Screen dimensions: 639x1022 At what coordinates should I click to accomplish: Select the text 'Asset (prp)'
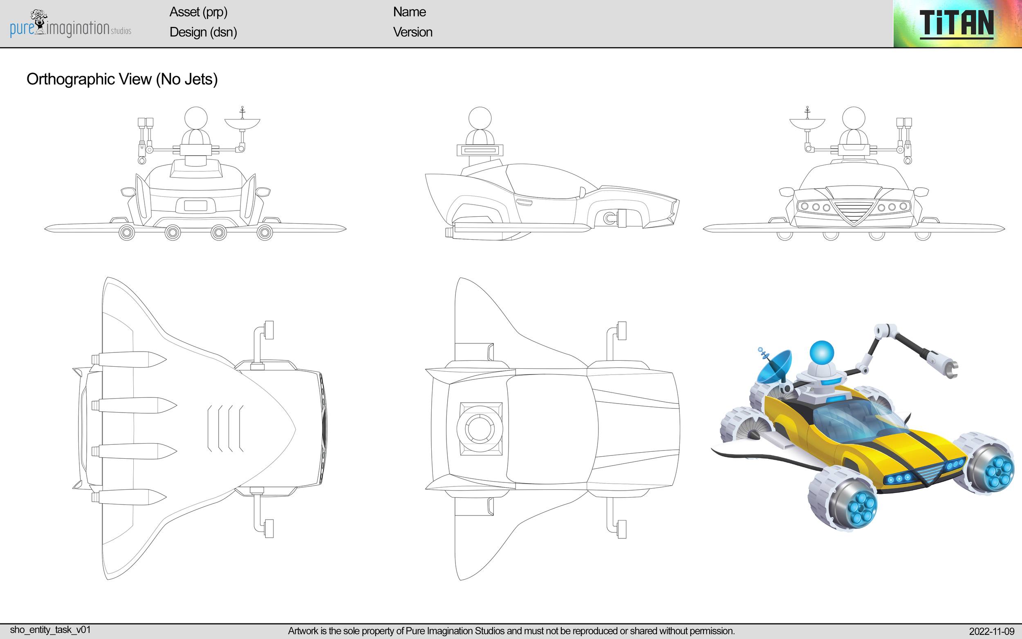point(198,12)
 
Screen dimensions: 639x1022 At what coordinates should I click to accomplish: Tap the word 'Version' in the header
point(412,32)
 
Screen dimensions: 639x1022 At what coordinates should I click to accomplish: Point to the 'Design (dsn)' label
point(203,32)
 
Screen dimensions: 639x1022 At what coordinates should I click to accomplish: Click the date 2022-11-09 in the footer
point(991,631)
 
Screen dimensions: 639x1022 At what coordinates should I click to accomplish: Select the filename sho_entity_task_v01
point(50,630)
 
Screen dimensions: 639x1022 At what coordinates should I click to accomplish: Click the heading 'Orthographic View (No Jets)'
point(122,79)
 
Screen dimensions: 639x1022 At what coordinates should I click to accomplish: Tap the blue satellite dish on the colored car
point(774,366)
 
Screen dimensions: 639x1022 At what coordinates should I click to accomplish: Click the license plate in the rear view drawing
point(195,205)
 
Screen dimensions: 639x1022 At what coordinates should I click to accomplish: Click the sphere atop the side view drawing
point(480,118)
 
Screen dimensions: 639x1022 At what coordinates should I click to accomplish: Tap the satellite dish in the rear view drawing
point(242,123)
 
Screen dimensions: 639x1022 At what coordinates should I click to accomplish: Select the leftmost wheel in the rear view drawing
point(127,232)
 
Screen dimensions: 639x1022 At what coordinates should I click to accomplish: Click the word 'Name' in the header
point(409,12)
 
